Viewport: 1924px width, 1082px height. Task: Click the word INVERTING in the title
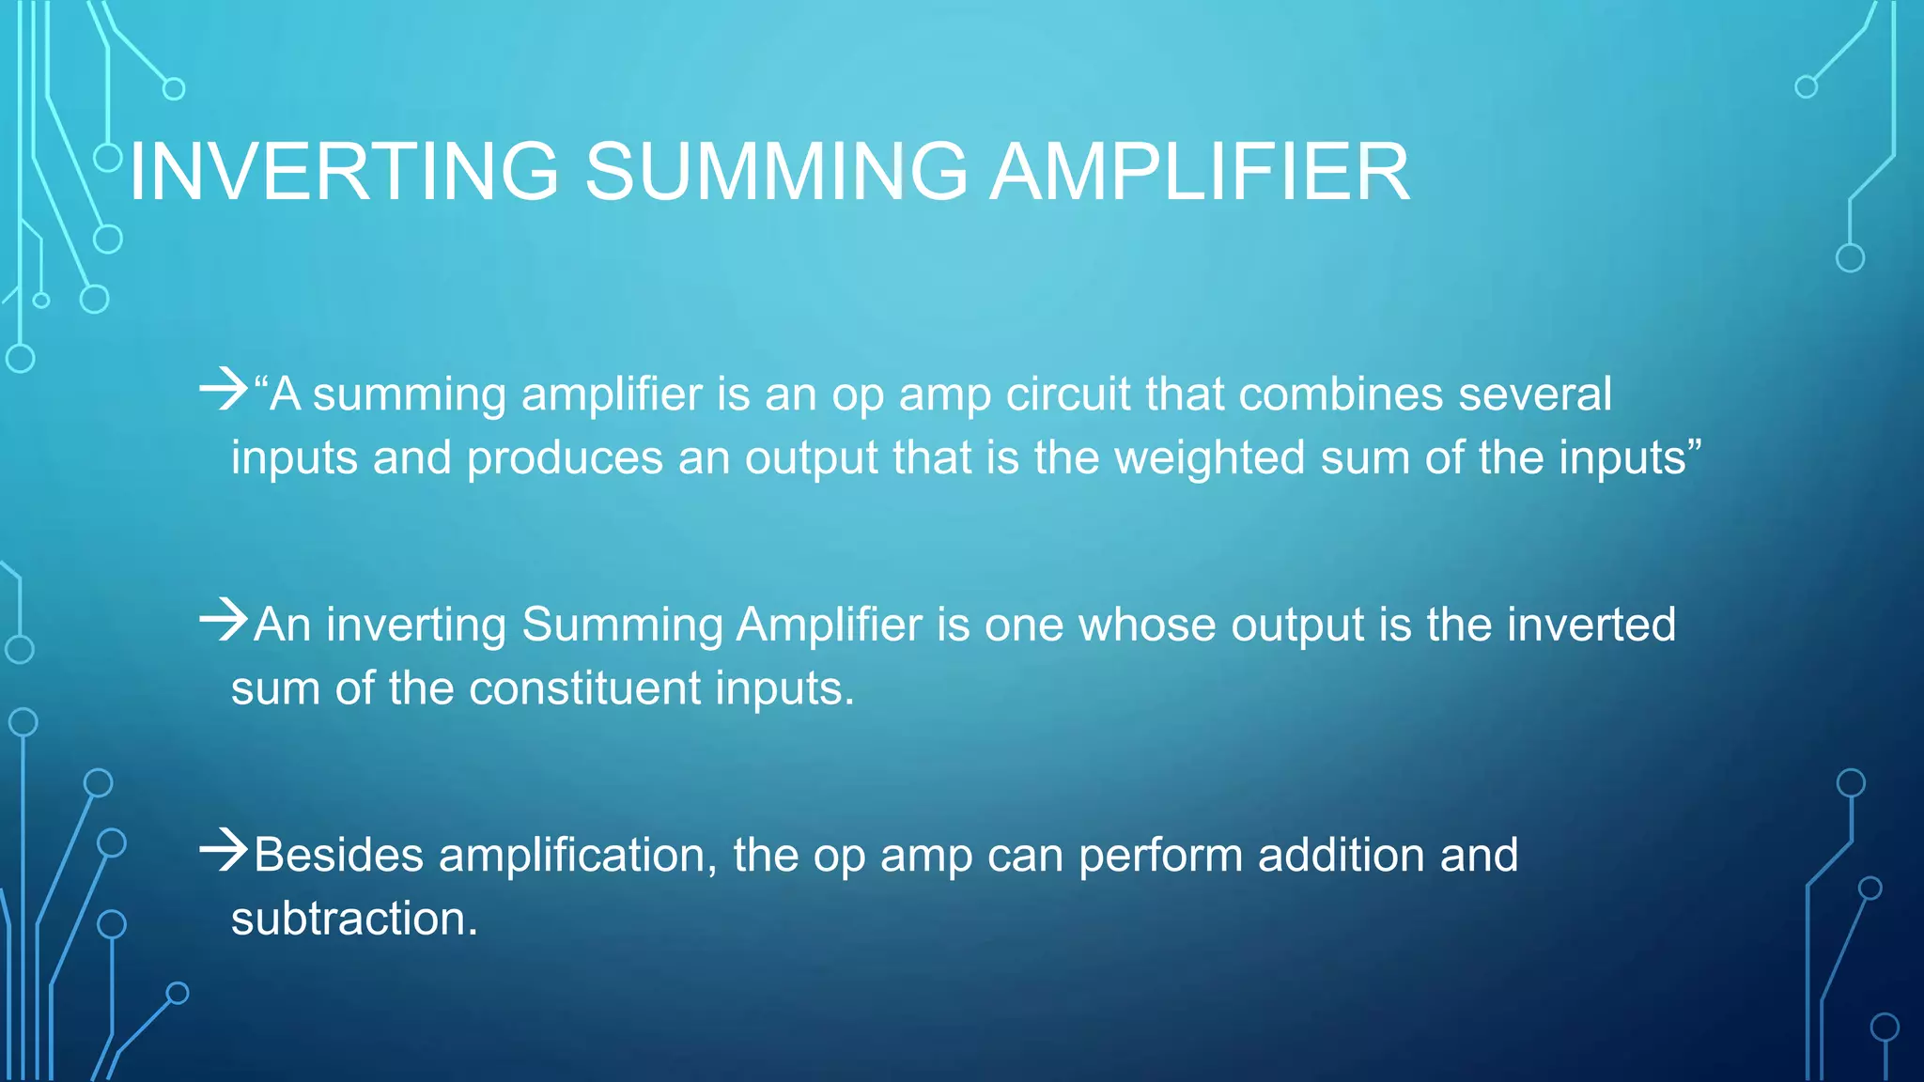344,172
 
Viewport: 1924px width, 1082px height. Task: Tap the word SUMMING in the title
776,172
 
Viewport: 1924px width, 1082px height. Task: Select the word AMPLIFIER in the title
1200,172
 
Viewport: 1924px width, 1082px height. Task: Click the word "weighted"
1210,458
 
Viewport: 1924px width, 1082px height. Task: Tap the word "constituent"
584,688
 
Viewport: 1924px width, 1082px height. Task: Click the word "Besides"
339,856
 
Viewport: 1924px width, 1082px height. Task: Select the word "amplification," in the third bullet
578,856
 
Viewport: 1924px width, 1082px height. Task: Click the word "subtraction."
354,919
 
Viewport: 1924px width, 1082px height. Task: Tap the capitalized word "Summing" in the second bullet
622,625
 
